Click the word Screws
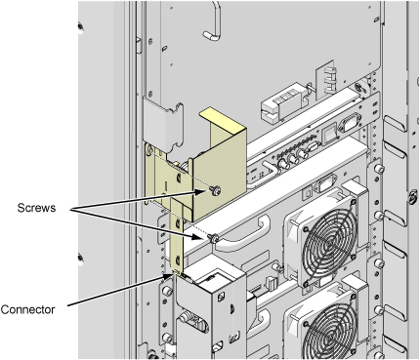click(x=36, y=208)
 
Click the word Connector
click(x=27, y=309)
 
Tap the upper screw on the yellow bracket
click(x=215, y=190)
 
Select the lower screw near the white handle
click(x=213, y=238)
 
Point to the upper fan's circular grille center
click(x=330, y=243)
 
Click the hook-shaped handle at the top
click(x=214, y=21)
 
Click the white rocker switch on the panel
click(x=330, y=134)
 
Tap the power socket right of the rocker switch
click(x=351, y=123)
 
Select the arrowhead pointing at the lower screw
click(x=199, y=236)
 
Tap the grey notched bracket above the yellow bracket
click(x=163, y=126)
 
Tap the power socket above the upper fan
click(x=325, y=185)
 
